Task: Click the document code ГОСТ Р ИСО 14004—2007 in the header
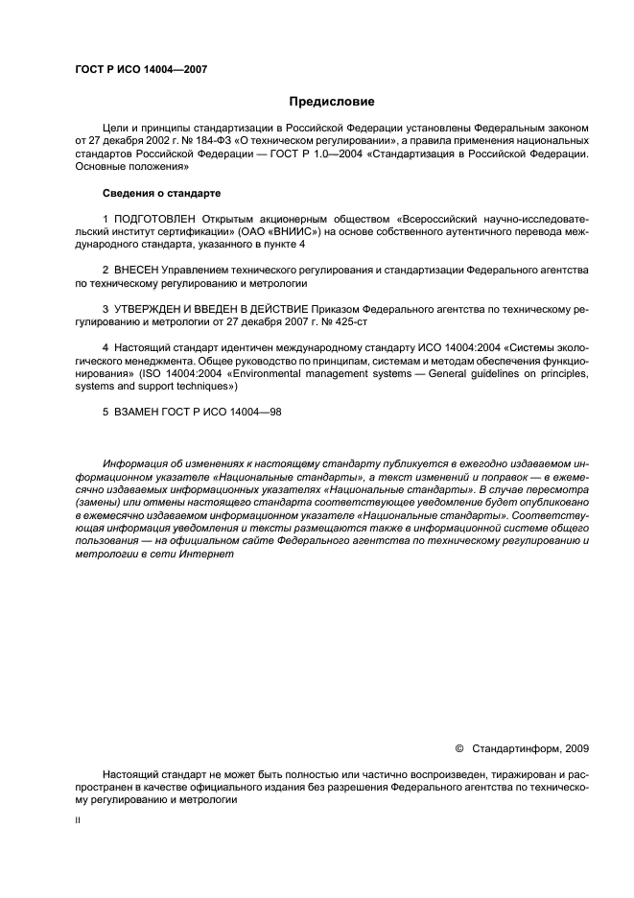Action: point(141,70)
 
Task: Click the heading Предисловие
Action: point(332,102)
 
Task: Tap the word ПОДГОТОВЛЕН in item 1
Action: point(160,219)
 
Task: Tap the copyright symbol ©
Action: point(458,748)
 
